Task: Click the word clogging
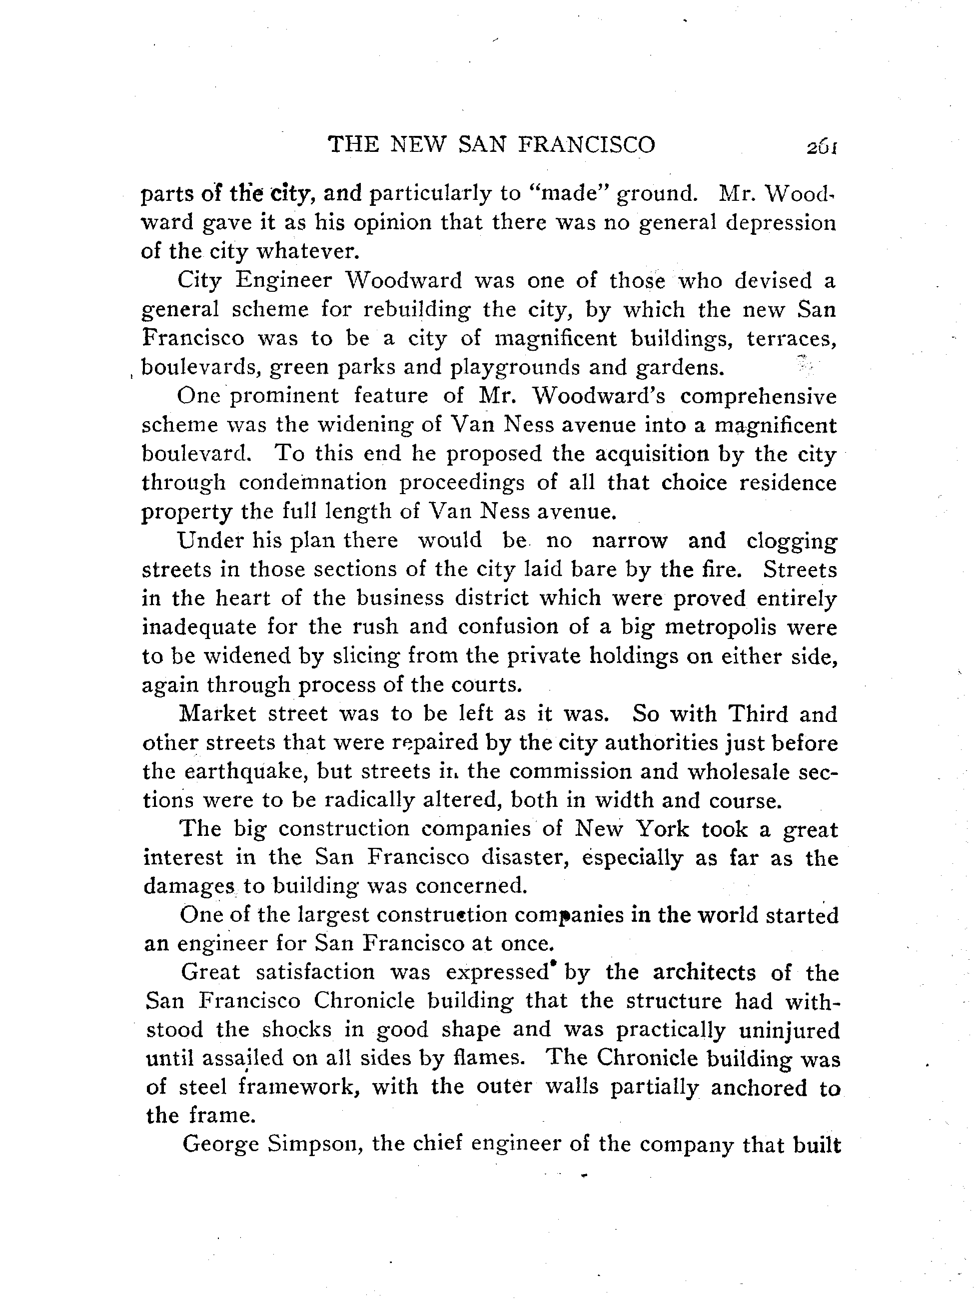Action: point(791,541)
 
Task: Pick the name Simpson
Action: point(314,1144)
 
